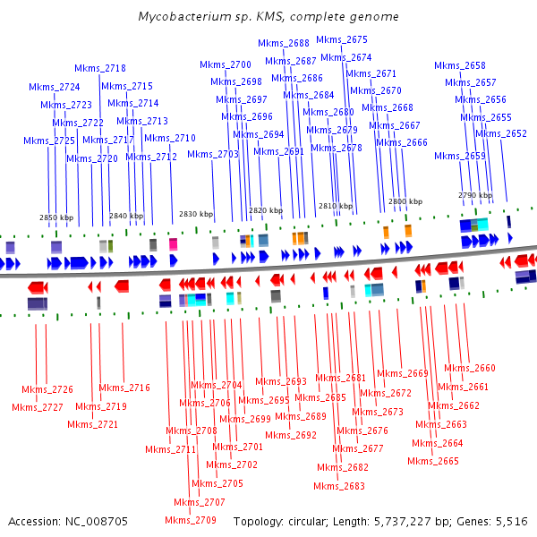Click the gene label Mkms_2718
coord(100,68)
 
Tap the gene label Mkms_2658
coord(460,65)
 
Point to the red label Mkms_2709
coord(191,520)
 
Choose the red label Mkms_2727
coord(38,407)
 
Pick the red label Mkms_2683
coord(339,486)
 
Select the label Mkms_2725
coord(49,141)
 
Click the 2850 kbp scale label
coord(55,217)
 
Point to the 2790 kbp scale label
coord(475,194)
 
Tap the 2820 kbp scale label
coord(266,210)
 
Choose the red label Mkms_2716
coord(124,388)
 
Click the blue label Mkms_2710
coord(169,138)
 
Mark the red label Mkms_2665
coord(433,461)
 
